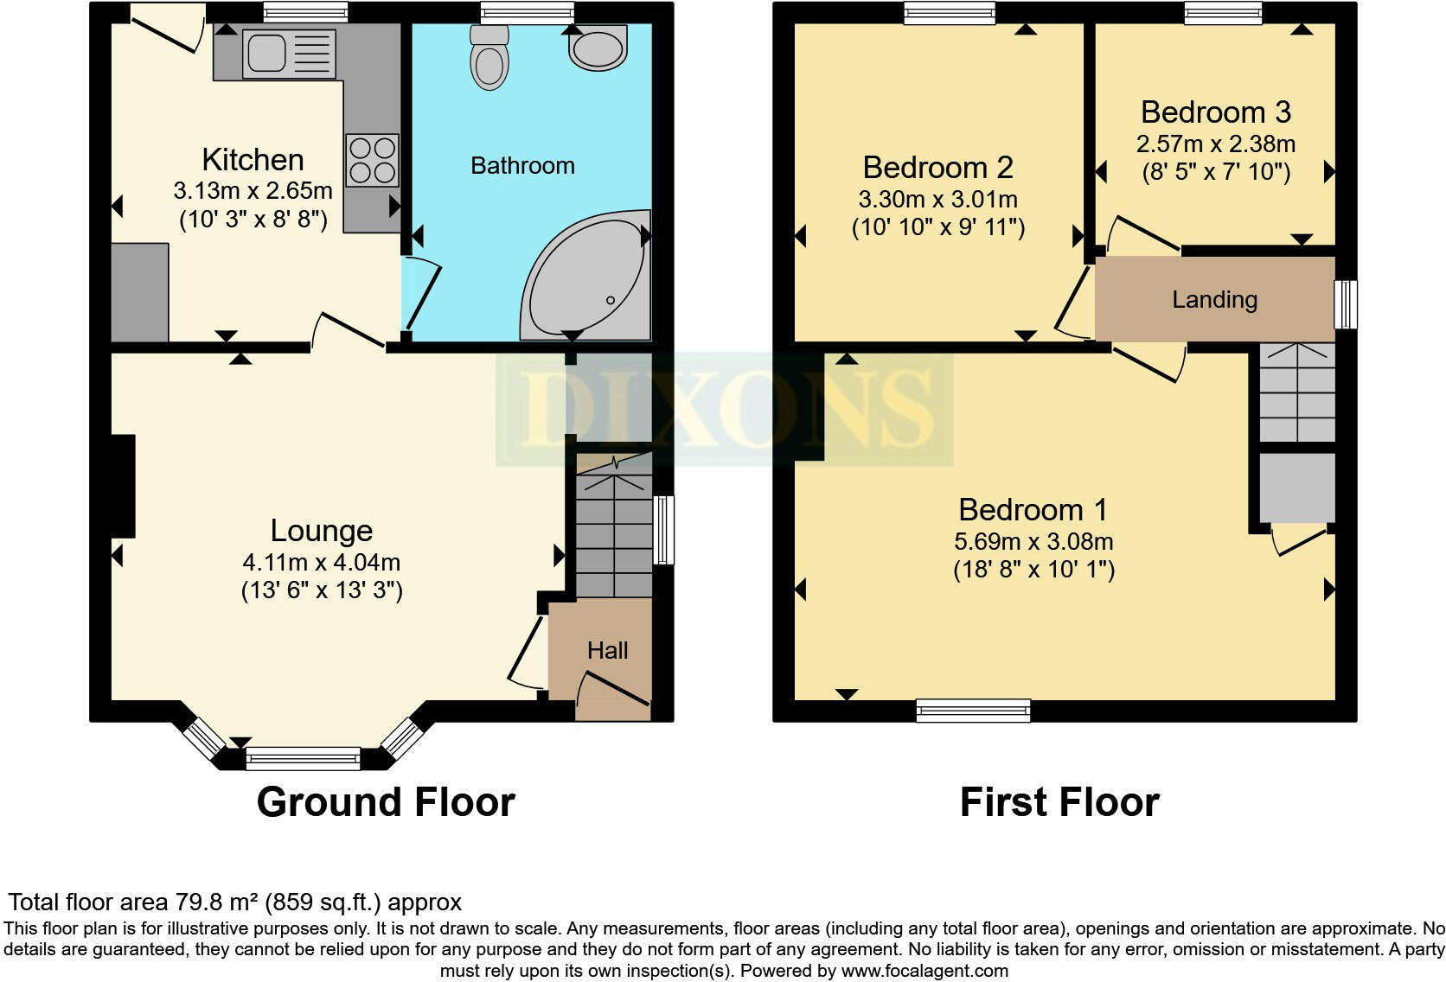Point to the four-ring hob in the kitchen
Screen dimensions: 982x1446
373,161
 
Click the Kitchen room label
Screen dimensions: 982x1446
253,160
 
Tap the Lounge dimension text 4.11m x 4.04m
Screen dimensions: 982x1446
321,563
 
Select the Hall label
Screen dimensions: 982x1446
607,651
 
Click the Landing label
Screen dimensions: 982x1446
1214,300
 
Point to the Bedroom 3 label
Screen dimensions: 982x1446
1215,112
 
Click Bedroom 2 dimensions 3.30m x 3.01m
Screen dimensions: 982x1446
937,200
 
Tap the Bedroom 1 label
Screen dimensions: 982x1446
1033,509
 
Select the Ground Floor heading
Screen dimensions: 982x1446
386,802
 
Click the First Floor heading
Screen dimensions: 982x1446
1059,802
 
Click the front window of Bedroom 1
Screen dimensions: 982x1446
974,711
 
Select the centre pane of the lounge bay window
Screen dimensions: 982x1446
303,759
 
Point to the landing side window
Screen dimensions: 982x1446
1346,303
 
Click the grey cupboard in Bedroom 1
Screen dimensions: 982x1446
1296,488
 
